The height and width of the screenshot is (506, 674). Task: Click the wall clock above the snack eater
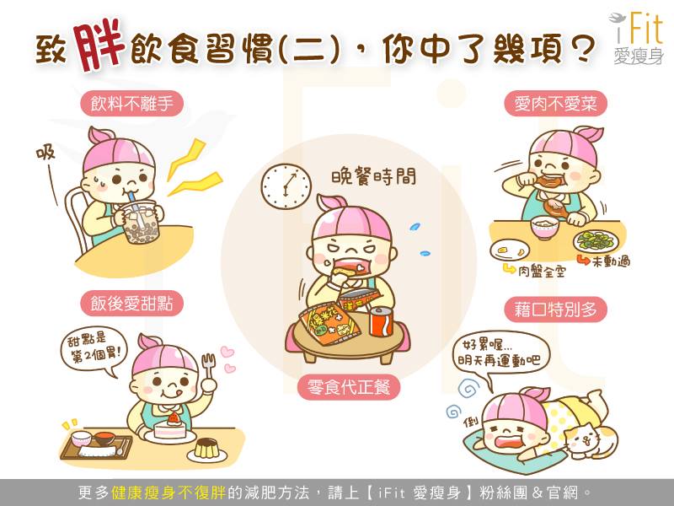(x=286, y=186)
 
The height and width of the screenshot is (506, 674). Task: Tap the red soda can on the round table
(x=382, y=321)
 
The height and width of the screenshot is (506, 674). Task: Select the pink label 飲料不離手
(x=132, y=104)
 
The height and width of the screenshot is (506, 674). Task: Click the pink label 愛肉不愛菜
(x=555, y=103)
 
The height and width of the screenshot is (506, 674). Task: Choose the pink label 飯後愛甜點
(x=132, y=304)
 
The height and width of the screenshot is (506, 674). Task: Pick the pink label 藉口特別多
(x=555, y=309)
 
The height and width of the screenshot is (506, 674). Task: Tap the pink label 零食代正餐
(x=349, y=387)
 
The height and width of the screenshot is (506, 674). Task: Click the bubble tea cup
(x=141, y=223)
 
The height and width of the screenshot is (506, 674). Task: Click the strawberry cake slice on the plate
(x=170, y=427)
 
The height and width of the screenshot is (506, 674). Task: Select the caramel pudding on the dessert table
(x=206, y=449)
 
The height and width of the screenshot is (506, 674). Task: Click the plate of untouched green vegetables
(x=596, y=241)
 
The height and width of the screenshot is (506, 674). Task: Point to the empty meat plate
(x=510, y=250)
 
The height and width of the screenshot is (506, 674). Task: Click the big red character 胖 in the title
(x=99, y=45)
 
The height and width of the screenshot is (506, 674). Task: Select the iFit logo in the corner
(x=637, y=38)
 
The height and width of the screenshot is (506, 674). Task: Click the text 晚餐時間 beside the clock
(x=373, y=177)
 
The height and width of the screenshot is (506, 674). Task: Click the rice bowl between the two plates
(x=544, y=228)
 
